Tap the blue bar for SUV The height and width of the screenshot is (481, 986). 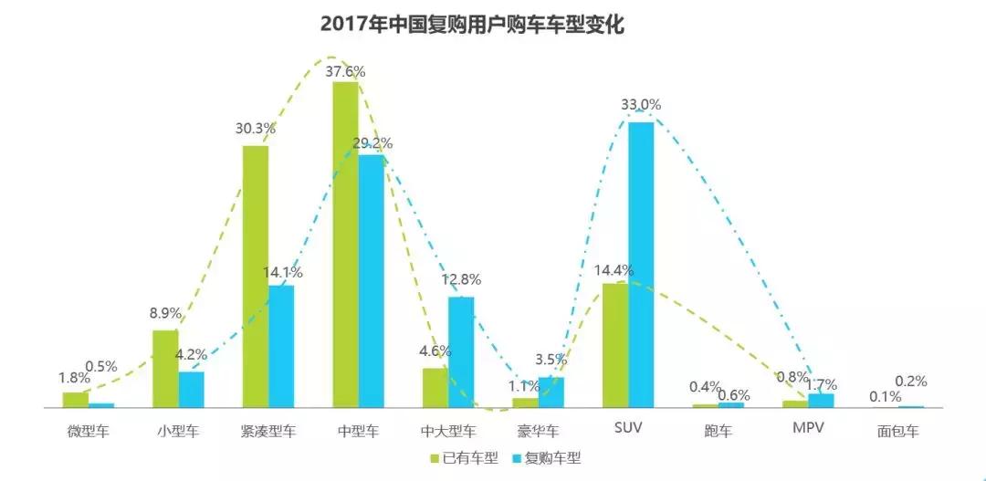point(641,264)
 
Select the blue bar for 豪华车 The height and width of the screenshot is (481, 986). point(551,392)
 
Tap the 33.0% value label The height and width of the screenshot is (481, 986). point(641,105)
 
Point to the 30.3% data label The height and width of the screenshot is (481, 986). point(256,129)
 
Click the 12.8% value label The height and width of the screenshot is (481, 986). point(461,279)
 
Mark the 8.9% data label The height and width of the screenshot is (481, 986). point(165,313)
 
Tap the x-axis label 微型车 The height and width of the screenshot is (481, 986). point(89,430)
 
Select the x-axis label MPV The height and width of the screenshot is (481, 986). point(809,429)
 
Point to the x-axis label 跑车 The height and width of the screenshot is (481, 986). point(719,430)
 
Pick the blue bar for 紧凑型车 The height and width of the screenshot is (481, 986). point(281,346)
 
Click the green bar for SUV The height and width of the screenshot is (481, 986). point(615,345)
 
